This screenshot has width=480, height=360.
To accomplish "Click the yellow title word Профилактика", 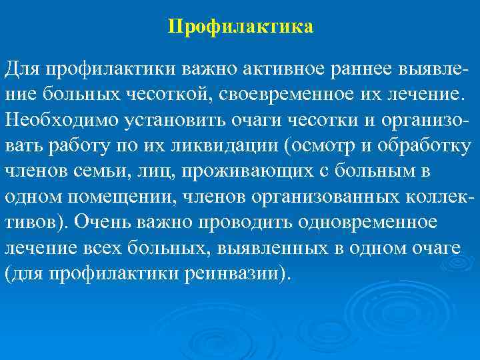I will coord(240,27).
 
